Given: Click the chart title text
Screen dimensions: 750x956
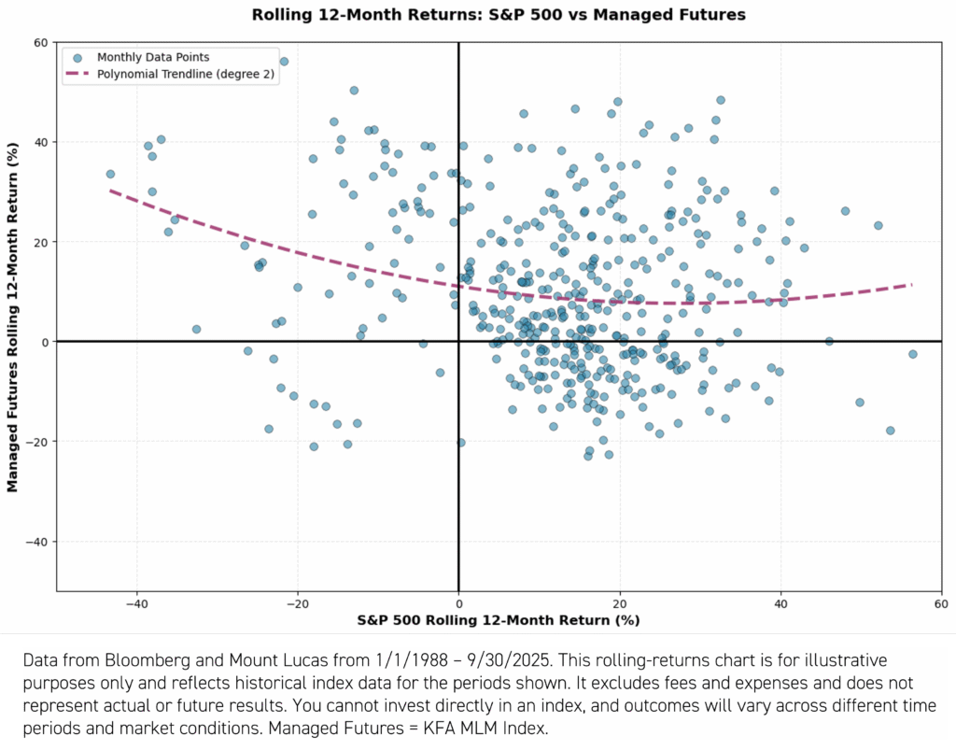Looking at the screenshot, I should (499, 15).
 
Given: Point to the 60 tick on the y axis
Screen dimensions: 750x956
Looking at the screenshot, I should (41, 43).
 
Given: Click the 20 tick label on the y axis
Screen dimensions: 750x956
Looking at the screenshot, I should (41, 242).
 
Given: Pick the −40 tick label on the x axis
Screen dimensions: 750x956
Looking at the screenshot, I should (136, 602).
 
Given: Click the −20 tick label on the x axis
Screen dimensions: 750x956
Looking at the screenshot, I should (298, 602).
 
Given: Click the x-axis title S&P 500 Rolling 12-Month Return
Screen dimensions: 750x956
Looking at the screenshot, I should (499, 620).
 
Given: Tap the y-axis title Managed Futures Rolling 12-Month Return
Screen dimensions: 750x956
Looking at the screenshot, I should (14, 317).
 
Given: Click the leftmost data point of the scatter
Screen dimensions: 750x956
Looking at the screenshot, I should (110, 174).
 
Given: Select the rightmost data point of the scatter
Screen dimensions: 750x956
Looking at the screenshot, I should (912, 354).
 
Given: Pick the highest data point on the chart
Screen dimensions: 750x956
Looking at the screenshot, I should (284, 62).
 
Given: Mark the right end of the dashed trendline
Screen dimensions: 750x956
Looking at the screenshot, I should (911, 284).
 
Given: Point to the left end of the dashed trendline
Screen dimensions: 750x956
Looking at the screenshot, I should (111, 191).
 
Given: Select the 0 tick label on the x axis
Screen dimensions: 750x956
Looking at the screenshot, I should (458, 602).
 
